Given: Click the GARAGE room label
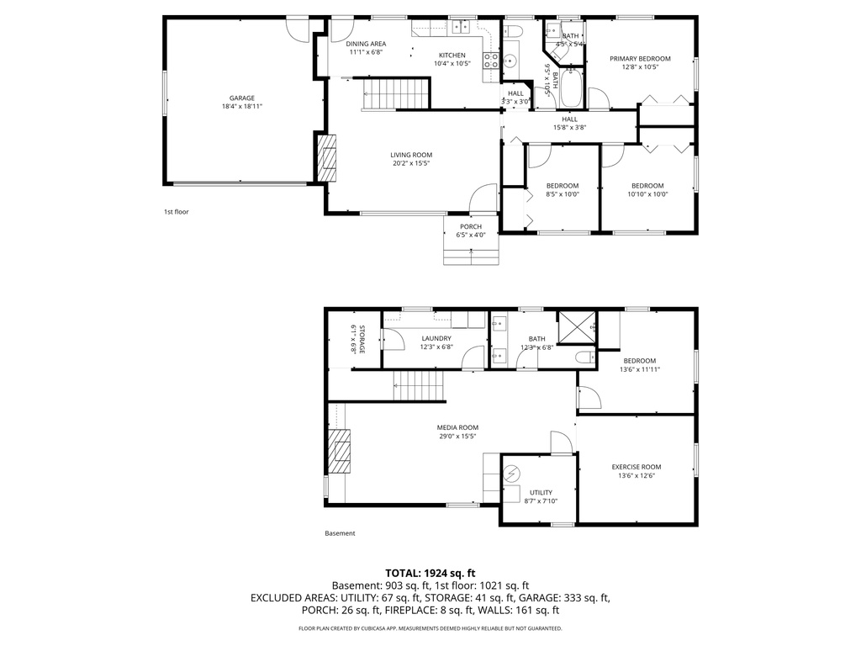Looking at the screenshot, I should click(x=242, y=98).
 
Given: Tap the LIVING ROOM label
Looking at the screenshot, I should click(x=411, y=155).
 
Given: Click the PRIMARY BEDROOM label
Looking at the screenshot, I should click(x=640, y=58).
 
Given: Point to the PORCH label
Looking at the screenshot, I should click(x=471, y=226).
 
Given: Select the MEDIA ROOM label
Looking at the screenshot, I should click(x=457, y=427).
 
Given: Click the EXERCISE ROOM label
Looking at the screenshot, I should click(x=636, y=467).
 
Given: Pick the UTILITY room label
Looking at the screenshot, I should click(x=541, y=492).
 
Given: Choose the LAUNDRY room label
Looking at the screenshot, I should click(x=436, y=338).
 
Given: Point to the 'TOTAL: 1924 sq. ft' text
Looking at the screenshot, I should click(x=430, y=571).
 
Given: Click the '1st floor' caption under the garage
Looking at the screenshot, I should click(x=176, y=212).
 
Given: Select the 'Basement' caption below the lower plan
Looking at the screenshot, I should click(x=340, y=533).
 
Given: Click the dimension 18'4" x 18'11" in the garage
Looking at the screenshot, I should click(x=242, y=107).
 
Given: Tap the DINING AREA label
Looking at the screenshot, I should click(x=366, y=44).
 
